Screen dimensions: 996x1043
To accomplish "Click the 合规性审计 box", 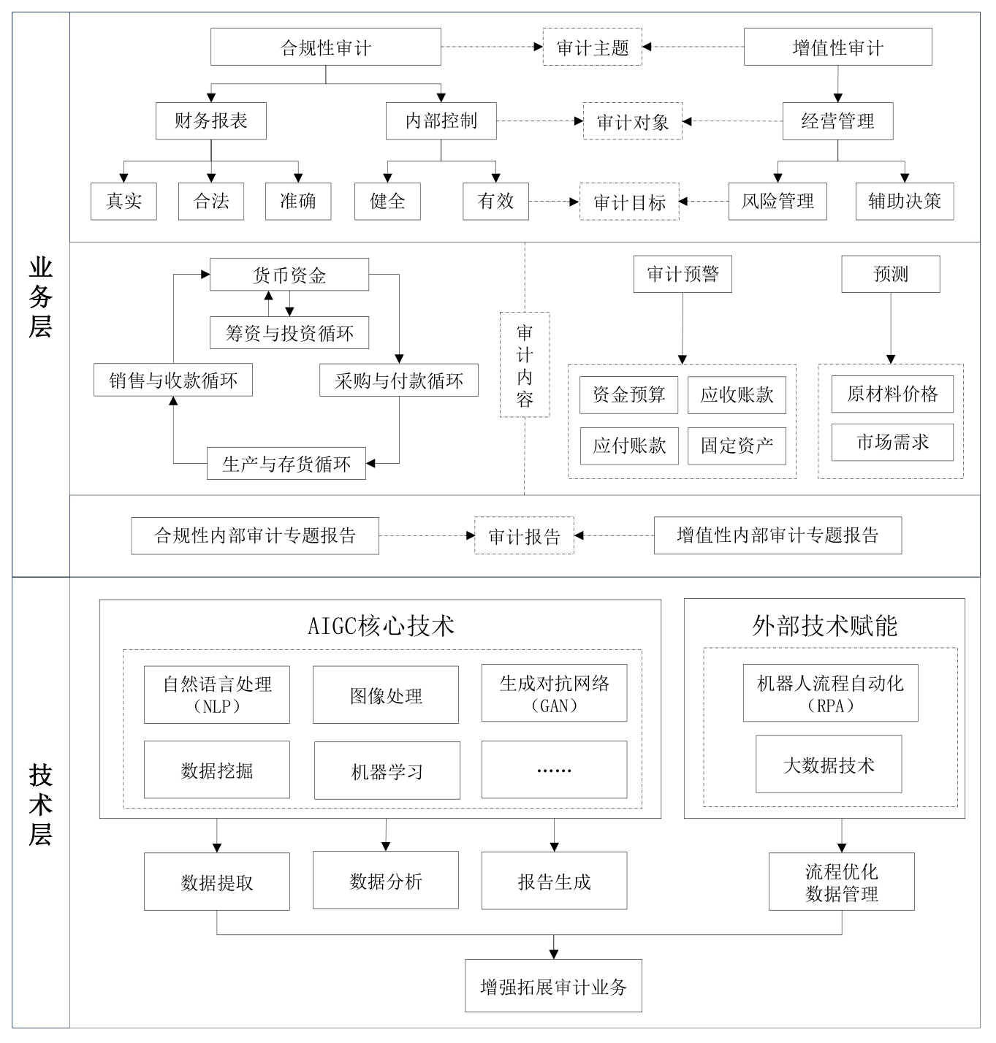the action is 325,47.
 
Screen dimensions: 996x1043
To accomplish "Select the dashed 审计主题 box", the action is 593,47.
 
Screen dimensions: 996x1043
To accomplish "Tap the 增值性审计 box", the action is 837,47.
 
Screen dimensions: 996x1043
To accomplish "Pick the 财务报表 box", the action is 210,121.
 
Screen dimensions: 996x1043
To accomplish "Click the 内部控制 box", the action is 441,121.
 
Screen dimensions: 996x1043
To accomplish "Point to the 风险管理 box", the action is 778,201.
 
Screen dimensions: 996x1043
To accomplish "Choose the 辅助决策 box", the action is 905,201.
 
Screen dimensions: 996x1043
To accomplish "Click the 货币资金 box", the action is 289,275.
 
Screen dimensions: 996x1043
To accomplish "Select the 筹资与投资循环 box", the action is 289,332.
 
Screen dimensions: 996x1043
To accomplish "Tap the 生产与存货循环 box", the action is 286,464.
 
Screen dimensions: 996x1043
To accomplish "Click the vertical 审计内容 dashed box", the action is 525,364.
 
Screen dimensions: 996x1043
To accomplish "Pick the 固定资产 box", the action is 737,446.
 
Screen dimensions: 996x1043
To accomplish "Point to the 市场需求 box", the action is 892,442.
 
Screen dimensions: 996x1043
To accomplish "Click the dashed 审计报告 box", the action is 524,536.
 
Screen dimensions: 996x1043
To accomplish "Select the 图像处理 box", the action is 386,695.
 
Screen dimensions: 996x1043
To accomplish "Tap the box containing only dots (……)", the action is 555,770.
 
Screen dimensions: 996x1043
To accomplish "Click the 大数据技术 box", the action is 829,764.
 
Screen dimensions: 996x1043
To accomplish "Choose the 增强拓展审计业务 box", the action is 554,986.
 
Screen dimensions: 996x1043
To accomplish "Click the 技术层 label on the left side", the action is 40,804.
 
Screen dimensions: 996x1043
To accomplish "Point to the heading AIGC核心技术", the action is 381,626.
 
